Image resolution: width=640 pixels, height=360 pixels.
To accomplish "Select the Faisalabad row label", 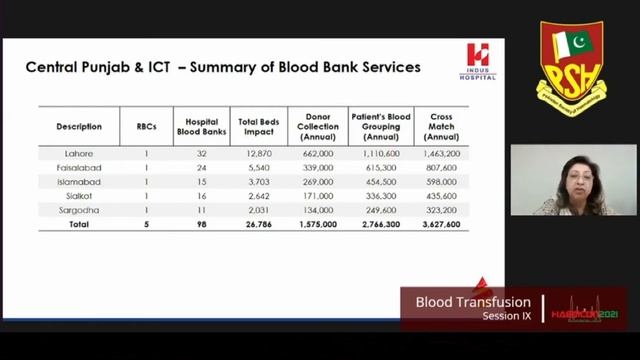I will tap(79, 168).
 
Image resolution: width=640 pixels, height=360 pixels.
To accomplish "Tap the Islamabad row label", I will tap(79, 182).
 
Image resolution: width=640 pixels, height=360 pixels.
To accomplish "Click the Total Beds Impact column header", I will tap(257, 126).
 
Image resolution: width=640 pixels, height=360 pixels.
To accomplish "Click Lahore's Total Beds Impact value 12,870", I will tap(257, 154).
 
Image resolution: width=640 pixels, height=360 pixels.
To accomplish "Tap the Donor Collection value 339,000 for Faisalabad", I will tap(317, 168).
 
